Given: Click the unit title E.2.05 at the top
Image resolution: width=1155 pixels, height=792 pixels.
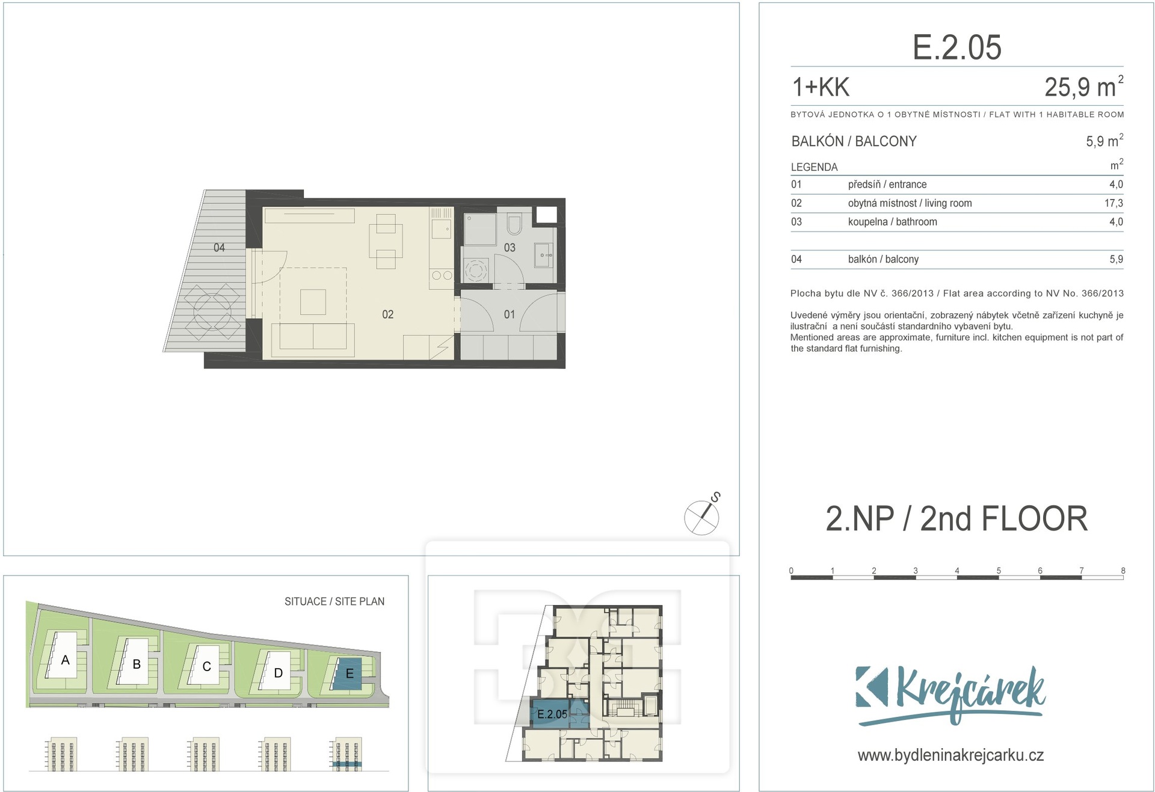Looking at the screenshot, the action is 956,47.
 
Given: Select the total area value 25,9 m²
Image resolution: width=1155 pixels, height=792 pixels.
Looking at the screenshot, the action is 1083,87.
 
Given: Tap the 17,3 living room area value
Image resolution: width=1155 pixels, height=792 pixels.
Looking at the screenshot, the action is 1113,203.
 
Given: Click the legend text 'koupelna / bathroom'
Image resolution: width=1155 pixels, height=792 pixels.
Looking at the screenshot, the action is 892,222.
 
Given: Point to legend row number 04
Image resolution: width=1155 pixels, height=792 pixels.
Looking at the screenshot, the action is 796,259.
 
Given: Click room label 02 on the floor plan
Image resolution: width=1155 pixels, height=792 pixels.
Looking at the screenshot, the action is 387,315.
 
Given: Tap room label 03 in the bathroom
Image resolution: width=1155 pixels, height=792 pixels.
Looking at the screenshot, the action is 510,248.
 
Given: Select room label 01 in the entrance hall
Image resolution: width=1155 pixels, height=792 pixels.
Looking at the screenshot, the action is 509,315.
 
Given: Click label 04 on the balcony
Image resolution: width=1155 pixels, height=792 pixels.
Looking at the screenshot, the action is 219,248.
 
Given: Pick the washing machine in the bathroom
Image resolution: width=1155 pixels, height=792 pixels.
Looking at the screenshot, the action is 476,270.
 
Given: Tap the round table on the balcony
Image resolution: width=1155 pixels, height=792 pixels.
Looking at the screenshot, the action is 212,312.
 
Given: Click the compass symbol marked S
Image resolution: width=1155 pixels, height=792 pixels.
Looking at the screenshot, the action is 702,517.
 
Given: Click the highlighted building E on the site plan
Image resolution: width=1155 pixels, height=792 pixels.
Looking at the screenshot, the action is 348,674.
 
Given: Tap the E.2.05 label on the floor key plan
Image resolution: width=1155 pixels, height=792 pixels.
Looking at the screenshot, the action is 552,714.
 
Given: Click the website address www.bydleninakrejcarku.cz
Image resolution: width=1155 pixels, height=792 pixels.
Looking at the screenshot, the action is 950,755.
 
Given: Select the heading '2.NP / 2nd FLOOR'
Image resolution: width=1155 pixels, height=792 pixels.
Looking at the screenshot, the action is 956,518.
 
